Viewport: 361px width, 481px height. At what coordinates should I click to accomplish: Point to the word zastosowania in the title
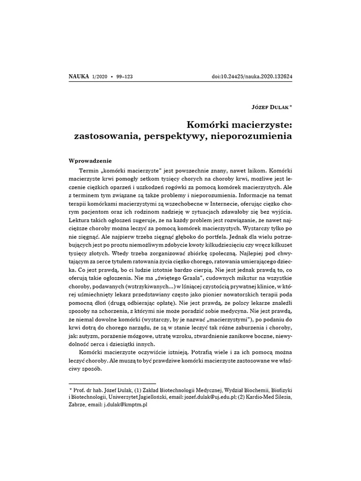(105, 137)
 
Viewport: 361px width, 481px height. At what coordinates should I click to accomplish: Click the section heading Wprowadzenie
(90, 160)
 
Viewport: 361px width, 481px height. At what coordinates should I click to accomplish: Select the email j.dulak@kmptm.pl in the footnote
(126, 405)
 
